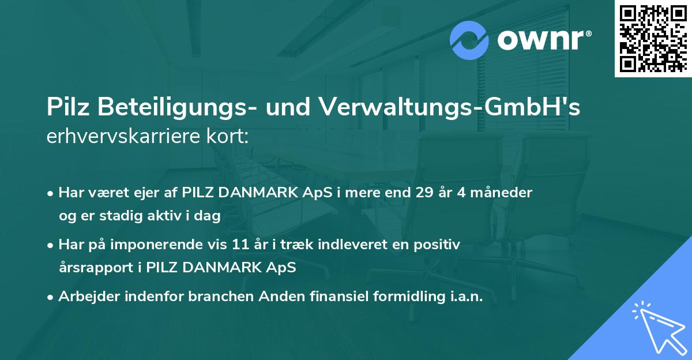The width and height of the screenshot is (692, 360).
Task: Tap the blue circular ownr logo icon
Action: click(469, 40)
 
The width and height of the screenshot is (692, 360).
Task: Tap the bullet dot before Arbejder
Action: click(51, 297)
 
